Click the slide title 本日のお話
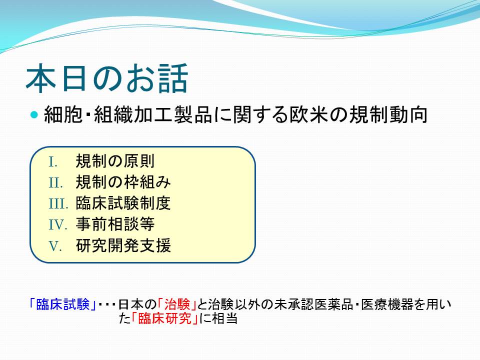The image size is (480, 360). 106,78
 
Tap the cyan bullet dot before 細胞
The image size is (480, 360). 34,115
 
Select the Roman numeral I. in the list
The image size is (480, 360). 53,162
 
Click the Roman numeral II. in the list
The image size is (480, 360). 55,183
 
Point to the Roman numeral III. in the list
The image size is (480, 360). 58,204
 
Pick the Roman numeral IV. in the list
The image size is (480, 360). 57,225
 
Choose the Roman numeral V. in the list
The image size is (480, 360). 55,246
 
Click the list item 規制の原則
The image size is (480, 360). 115,161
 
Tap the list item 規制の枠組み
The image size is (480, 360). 123,182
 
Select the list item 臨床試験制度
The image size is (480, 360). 123,203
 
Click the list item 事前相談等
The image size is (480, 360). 115,224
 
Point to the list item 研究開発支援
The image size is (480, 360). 123,245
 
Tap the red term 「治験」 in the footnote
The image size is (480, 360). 177,304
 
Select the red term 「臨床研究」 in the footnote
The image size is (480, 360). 164,318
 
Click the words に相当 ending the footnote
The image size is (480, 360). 218,318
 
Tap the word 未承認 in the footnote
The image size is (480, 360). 294,304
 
